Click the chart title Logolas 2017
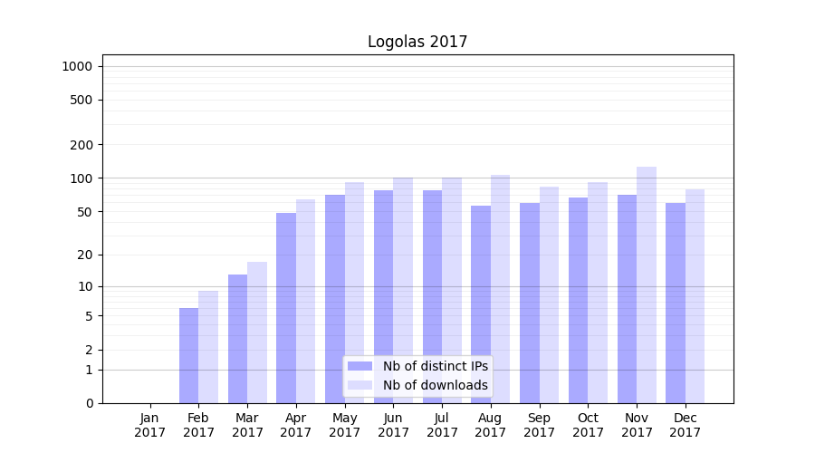(x=417, y=42)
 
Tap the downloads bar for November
(x=647, y=284)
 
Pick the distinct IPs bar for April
(x=286, y=308)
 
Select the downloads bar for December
(x=695, y=296)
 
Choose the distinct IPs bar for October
(x=578, y=300)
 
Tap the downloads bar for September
(x=549, y=294)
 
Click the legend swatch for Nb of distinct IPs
(x=360, y=366)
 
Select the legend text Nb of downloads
(x=435, y=385)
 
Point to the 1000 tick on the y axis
(x=77, y=66)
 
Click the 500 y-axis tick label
(x=81, y=100)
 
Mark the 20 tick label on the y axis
(x=85, y=255)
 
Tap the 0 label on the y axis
(x=89, y=403)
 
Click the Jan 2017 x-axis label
(x=150, y=425)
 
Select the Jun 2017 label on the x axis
(x=393, y=425)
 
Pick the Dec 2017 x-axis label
(x=686, y=425)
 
